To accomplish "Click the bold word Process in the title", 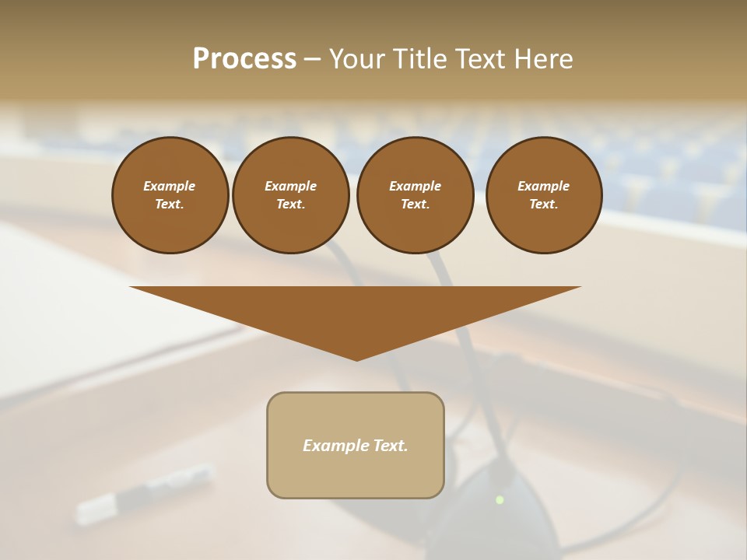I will coord(244,59).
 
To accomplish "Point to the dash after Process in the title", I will coord(312,60).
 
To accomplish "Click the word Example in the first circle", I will coord(170,186).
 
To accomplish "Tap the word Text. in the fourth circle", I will coord(543,204).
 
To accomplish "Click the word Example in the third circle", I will coord(415,186).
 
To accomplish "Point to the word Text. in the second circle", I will coord(290,204).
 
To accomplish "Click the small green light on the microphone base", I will coord(500,499).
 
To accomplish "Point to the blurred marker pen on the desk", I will coord(145,492).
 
